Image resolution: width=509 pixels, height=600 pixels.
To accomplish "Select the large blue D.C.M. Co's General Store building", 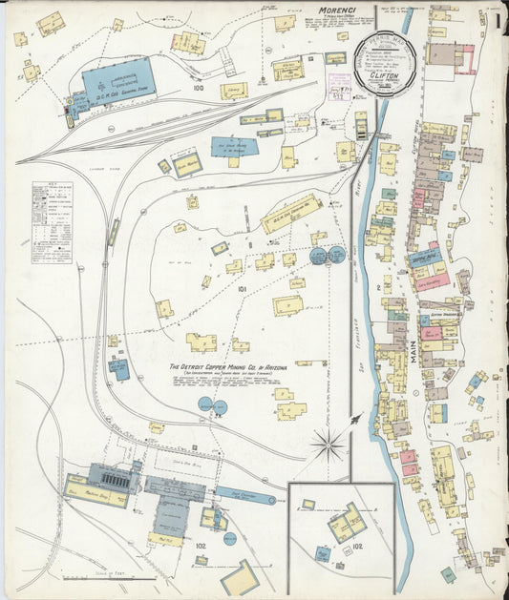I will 119,81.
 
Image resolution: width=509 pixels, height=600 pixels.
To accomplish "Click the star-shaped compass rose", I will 329,445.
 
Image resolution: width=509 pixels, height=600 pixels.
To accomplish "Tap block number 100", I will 199,89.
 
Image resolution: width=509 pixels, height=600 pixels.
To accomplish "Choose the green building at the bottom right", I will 447,574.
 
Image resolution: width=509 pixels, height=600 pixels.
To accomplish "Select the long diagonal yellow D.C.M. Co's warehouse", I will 291,214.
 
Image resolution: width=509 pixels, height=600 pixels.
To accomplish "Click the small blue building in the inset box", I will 324,553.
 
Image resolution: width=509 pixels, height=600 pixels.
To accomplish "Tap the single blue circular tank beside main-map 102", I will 230,538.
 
